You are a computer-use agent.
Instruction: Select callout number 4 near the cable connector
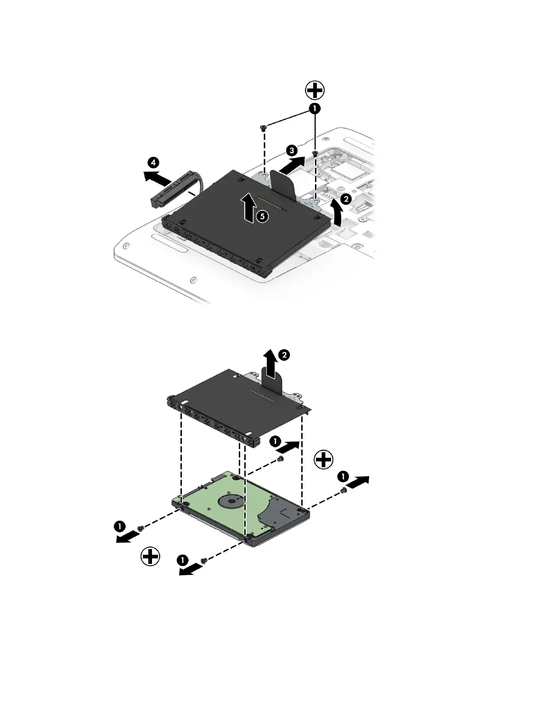154,162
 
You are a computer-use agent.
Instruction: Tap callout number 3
291,150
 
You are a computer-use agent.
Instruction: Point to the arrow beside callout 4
156,176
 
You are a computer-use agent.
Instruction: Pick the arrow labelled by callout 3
292,165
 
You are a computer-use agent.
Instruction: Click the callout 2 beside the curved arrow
346,199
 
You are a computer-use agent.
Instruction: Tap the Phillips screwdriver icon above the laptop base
315,90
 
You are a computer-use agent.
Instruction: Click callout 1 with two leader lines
315,109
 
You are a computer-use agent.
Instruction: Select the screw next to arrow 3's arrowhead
315,153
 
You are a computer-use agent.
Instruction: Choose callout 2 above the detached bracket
285,354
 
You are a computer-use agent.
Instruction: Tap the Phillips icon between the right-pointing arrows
324,459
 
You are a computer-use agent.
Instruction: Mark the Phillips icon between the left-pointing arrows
150,557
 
